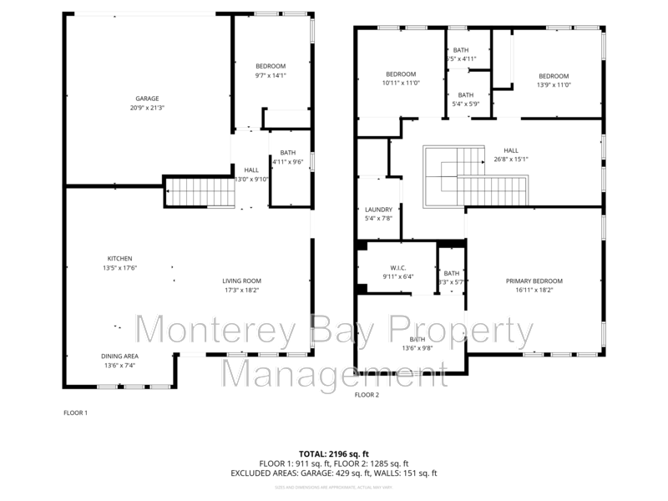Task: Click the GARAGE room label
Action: click(x=147, y=99)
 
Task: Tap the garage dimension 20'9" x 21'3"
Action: click(x=147, y=108)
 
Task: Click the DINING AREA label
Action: click(x=119, y=355)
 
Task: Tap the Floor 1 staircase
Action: click(x=199, y=193)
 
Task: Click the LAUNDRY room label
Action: click(x=378, y=210)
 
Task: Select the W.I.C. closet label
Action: click(x=398, y=267)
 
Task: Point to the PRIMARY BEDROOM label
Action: click(x=534, y=281)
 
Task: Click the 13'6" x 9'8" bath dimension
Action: click(x=416, y=347)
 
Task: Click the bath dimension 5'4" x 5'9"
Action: click(x=465, y=104)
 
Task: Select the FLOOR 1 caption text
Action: click(x=75, y=412)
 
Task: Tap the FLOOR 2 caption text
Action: click(x=367, y=394)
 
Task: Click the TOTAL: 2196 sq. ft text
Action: click(x=333, y=452)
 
